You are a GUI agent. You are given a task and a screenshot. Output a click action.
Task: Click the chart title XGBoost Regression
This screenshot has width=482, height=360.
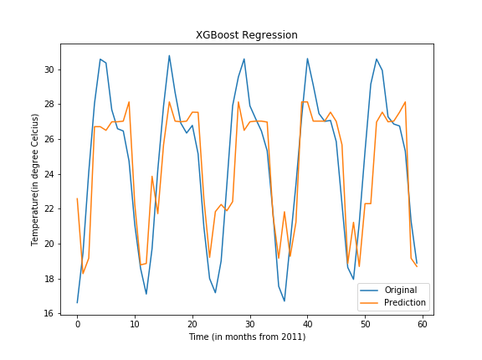(247, 35)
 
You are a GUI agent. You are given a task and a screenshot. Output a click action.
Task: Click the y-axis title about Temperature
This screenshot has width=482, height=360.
(36, 179)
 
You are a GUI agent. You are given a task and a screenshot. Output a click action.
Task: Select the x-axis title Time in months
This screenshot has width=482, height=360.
(247, 337)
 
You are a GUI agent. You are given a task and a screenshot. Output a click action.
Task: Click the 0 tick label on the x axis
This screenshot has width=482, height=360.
(77, 324)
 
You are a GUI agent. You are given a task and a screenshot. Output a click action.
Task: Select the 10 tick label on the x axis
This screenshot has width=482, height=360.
(135, 324)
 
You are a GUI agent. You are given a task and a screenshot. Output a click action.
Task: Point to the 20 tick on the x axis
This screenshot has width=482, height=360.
(192, 324)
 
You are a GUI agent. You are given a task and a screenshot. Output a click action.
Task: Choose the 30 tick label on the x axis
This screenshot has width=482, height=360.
(249, 324)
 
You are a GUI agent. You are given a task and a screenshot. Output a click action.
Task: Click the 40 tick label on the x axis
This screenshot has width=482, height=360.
(307, 324)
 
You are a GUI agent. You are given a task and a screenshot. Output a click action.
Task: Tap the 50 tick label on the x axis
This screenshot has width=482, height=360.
(365, 324)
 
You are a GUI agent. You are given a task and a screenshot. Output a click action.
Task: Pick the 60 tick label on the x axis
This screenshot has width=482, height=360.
(423, 324)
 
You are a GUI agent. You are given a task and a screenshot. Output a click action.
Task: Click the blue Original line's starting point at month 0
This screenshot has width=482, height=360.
(77, 302)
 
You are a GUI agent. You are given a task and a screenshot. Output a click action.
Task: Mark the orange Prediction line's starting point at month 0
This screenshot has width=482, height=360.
(77, 198)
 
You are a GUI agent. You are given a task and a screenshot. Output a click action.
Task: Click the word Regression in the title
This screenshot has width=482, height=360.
(269, 35)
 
